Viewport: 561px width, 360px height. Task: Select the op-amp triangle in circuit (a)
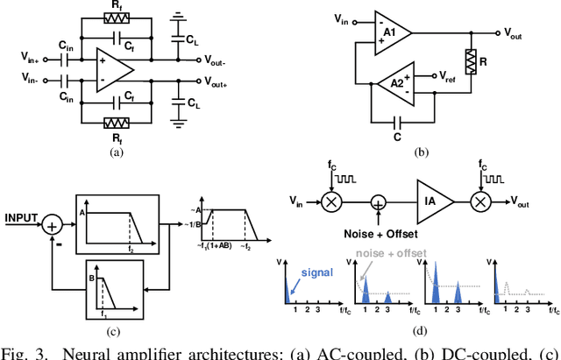coord(115,69)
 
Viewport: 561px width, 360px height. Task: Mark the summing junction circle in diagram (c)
coord(52,225)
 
